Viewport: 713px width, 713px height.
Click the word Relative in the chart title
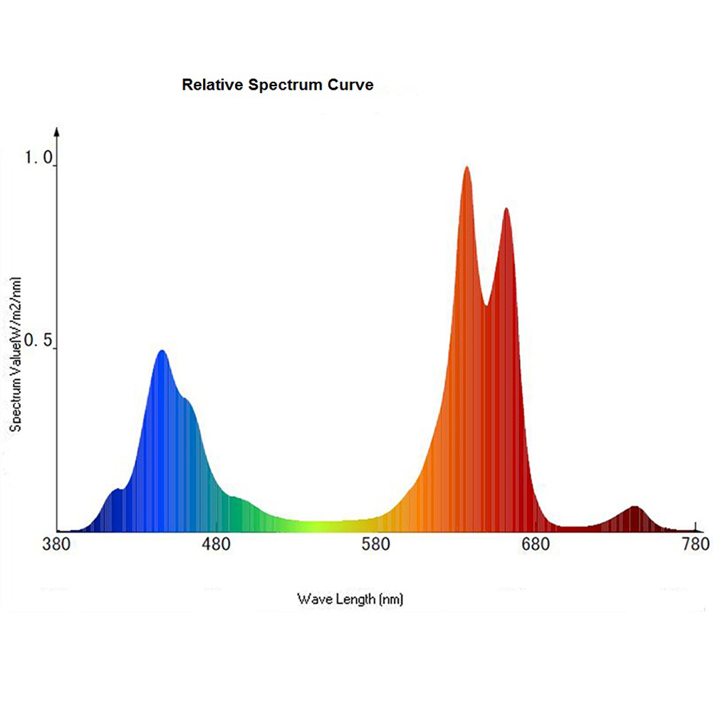point(212,85)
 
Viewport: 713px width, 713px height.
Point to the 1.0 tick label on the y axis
point(40,159)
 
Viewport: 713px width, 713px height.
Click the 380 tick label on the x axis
point(56,545)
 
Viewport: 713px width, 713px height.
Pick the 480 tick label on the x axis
point(217,545)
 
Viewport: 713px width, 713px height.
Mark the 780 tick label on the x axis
point(695,545)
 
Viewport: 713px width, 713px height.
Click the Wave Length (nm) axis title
point(350,598)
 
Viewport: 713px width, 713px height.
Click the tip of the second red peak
point(506,209)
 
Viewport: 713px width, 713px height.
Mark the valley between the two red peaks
point(486,305)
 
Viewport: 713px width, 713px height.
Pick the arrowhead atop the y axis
point(57,131)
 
